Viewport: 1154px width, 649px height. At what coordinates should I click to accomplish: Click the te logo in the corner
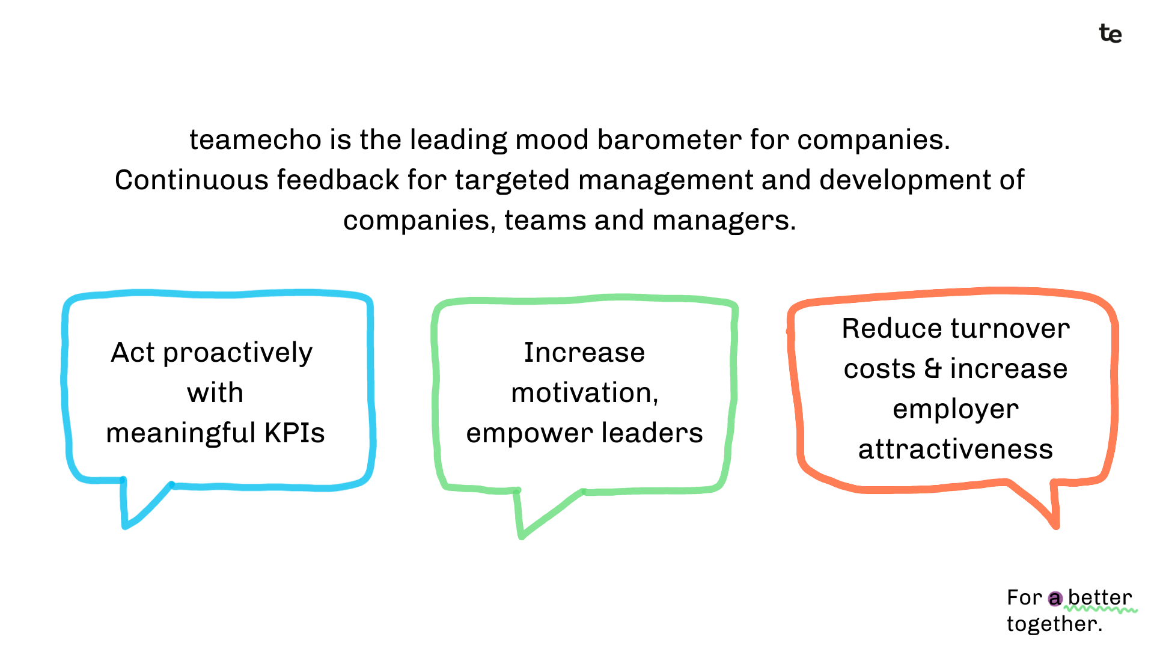tap(1110, 34)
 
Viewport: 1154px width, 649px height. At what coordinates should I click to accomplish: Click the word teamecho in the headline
tap(256, 139)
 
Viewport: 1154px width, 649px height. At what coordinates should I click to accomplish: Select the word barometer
tap(669, 139)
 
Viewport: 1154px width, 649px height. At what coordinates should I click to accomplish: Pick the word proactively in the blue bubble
tap(238, 353)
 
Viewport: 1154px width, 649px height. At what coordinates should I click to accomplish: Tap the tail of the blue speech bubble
tap(142, 505)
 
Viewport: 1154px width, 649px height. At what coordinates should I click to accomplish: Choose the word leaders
tap(652, 433)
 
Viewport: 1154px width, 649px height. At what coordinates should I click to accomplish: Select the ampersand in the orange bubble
tap(933, 368)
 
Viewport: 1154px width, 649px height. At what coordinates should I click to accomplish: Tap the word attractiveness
tap(956, 449)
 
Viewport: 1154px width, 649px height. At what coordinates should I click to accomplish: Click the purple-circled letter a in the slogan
tap(1055, 599)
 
